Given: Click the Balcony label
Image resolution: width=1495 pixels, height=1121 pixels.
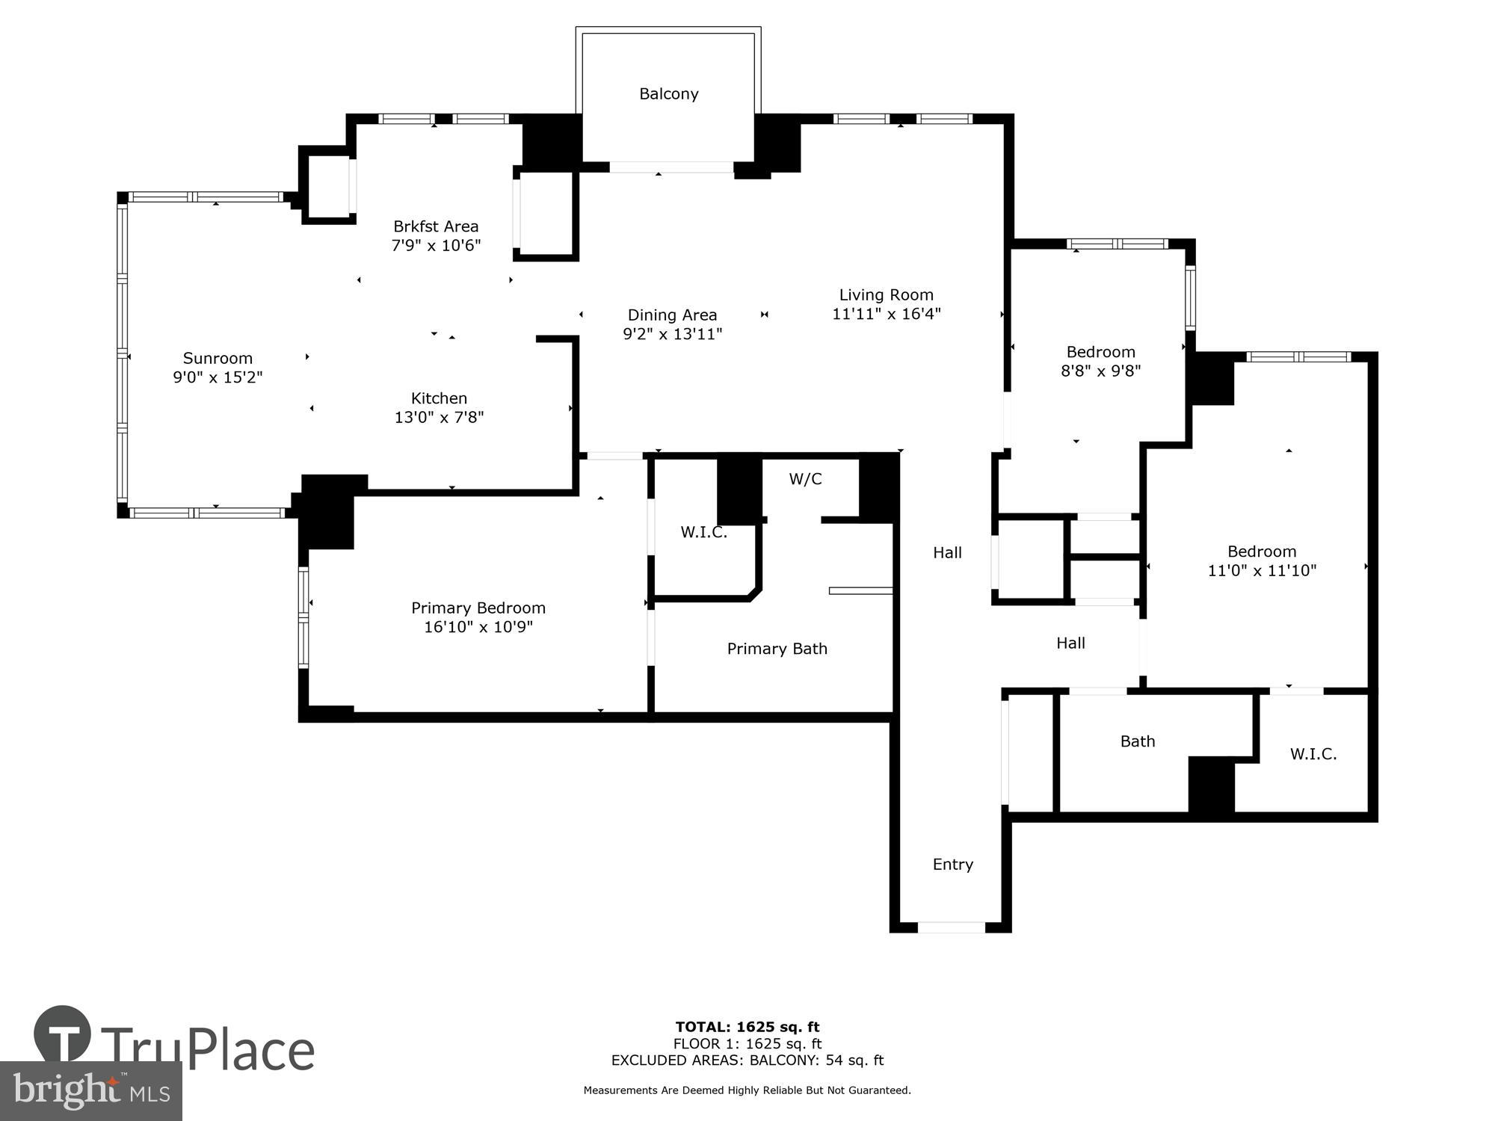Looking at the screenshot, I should point(668,94).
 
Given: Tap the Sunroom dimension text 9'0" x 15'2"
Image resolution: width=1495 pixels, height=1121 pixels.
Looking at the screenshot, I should point(218,377).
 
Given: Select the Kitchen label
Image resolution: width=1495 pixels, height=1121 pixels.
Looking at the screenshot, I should point(439,398).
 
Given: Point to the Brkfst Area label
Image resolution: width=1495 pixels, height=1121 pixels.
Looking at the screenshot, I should point(436,226).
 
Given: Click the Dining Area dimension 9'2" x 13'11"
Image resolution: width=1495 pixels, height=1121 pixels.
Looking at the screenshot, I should point(672,334).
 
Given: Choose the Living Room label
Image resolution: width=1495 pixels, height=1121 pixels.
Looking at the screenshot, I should point(886,295).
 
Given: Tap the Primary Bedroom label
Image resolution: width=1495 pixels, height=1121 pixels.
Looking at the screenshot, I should point(478,608).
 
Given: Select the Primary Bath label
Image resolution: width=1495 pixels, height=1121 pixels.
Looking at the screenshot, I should point(777,649).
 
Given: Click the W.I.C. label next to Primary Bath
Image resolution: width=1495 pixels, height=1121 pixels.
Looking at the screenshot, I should point(703,533).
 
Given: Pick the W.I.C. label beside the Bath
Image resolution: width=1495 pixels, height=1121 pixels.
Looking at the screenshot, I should point(1313,754).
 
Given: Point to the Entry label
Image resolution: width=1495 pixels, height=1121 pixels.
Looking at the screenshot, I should point(952,865).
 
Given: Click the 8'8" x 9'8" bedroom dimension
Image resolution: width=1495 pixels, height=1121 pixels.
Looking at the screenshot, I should point(1100,371).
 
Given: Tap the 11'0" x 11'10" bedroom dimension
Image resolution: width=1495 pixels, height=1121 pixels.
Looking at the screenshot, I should point(1261,571).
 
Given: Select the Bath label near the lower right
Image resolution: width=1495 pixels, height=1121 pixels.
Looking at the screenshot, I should point(1137,741).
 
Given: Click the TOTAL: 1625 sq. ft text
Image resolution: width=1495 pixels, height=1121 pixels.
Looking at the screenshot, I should point(747,1027).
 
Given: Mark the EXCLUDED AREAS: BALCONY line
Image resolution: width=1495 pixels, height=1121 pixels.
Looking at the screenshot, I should point(747,1060).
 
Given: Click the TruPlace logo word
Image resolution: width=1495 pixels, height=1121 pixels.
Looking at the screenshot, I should point(207,1050).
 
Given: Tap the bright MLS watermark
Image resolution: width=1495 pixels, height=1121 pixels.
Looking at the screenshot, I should point(90,1090).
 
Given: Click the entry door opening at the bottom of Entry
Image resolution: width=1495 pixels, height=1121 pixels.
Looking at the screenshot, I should point(951,927).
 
